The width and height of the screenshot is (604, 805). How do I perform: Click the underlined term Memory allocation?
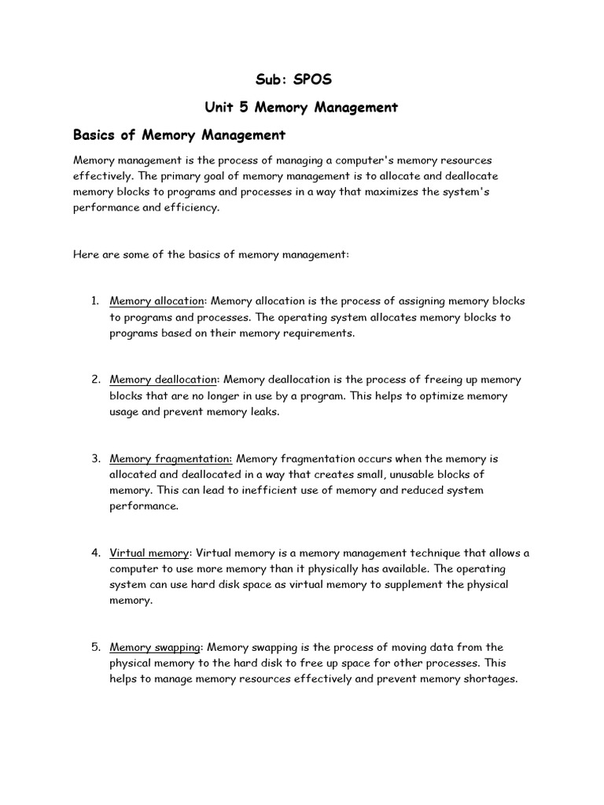tap(157, 301)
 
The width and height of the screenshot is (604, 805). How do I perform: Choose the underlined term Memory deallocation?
tap(163, 380)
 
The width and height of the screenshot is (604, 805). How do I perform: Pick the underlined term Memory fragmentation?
tap(171, 458)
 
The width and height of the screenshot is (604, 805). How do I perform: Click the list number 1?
tap(94, 301)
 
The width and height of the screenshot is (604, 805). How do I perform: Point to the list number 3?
tap(94, 458)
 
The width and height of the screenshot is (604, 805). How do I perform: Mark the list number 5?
tap(94, 647)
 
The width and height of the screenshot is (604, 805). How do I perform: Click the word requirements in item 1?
tap(319, 333)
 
